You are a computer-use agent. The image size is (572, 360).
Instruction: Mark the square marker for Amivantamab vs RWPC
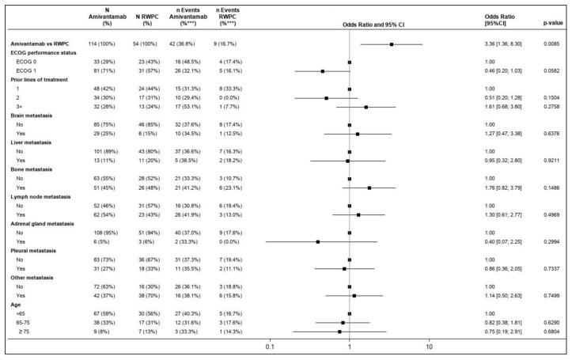click(391, 44)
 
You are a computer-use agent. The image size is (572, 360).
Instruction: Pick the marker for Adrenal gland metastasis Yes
click(318, 241)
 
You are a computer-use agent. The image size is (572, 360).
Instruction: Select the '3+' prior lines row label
click(21, 107)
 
